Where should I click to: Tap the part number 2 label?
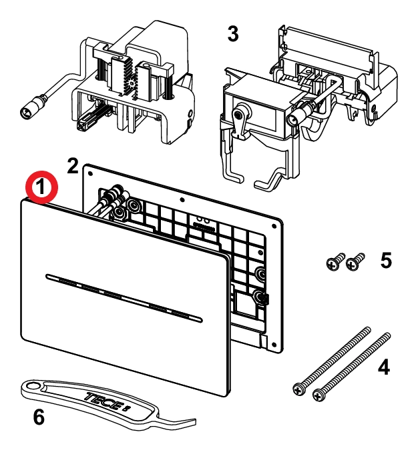73,165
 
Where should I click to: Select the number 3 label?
232,34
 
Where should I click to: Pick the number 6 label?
39,417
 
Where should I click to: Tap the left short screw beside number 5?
333,263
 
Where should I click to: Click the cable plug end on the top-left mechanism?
29,109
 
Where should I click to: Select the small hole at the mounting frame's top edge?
182,198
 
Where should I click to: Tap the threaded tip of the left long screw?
367,330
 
